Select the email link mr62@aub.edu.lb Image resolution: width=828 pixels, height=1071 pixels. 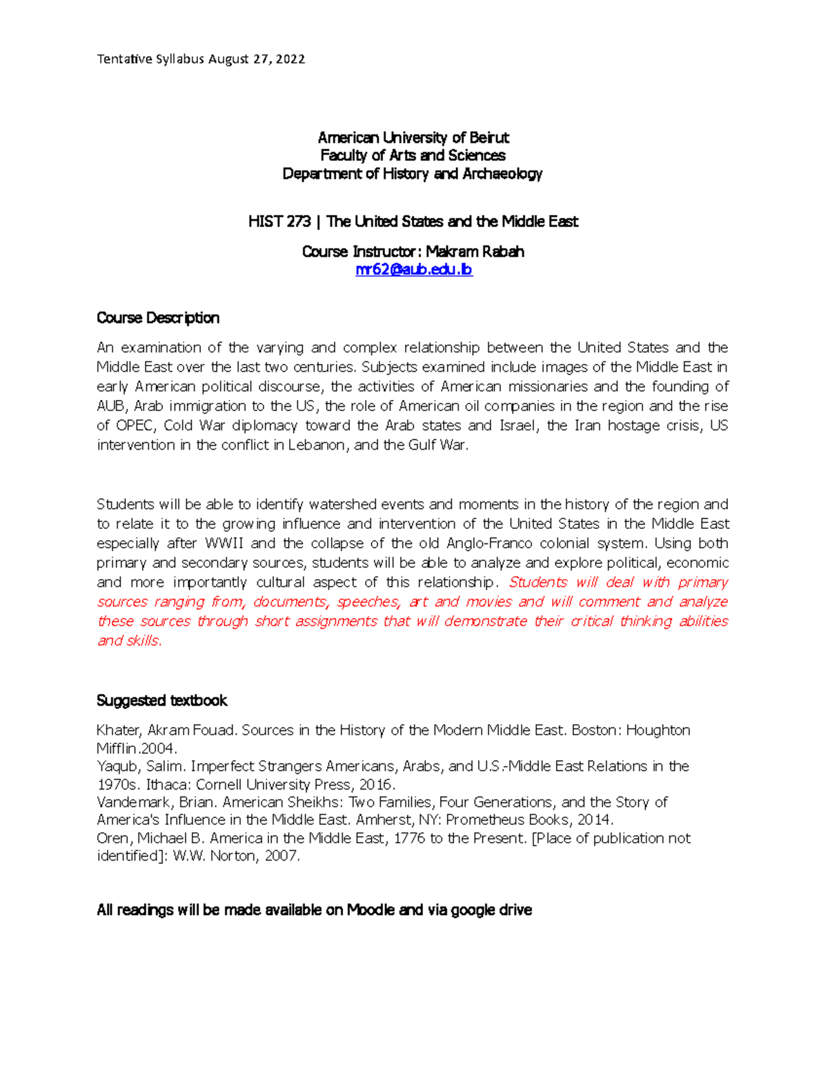413,270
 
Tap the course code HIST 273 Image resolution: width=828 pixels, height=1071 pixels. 279,221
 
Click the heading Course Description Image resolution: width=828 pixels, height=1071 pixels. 158,318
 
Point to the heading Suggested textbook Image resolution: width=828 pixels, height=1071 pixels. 161,701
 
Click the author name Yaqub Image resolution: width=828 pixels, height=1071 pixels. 117,766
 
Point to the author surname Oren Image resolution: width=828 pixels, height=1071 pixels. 112,839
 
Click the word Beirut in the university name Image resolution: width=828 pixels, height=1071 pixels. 489,138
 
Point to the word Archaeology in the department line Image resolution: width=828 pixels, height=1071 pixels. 502,174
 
